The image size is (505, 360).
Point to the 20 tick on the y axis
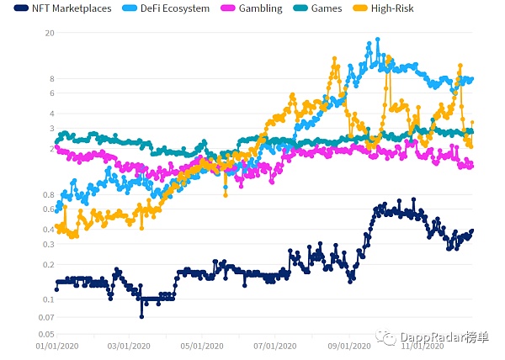49,33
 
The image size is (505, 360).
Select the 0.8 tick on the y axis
48,194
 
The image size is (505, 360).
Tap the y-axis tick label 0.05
45,334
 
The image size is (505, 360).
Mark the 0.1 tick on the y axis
48,299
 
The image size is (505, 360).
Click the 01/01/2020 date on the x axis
56,345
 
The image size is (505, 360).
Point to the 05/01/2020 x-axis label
201,345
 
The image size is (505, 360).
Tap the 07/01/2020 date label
275,345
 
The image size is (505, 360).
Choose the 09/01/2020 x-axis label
348,345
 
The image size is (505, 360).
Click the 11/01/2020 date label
421,345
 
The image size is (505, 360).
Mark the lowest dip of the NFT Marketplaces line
141,316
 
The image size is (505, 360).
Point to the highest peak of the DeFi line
377,40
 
